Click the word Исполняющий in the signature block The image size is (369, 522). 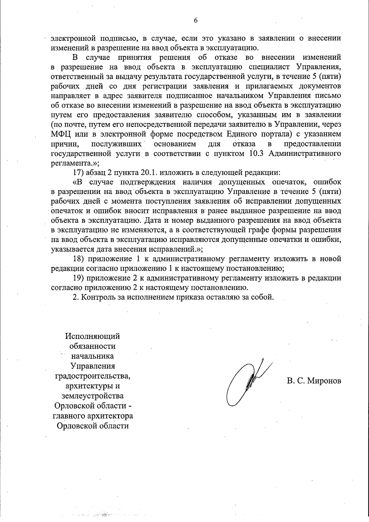[x=93, y=336]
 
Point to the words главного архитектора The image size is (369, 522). [x=93, y=416]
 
